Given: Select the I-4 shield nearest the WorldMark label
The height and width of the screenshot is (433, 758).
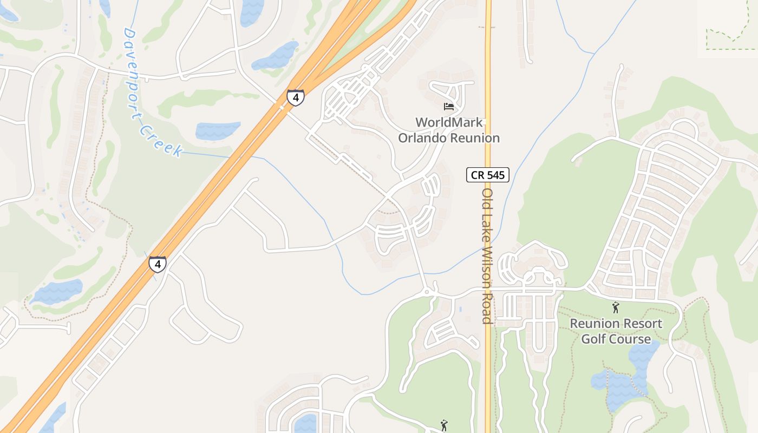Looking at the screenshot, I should click(x=296, y=97).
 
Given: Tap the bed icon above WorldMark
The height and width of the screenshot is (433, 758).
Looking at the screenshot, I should click(x=448, y=106).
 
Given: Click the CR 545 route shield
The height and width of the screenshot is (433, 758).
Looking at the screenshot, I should click(x=487, y=175).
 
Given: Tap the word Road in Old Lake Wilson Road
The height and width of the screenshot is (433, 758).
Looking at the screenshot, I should click(x=487, y=306).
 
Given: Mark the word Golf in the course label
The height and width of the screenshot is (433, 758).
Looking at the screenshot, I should click(x=593, y=339).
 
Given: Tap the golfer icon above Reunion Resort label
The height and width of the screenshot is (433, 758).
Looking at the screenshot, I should click(x=615, y=308).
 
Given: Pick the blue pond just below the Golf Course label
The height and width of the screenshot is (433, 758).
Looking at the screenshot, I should click(x=623, y=382).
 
